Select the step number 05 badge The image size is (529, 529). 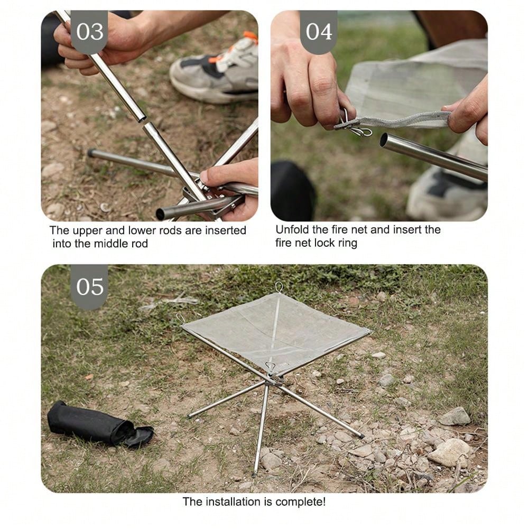(89, 287)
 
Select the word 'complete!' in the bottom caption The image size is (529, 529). (300, 502)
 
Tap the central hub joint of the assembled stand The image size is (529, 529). (274, 379)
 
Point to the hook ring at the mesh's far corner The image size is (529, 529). (279, 287)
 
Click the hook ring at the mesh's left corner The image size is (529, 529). (181, 318)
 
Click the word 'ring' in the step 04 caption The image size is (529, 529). (348, 243)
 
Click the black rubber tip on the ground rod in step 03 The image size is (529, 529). (91, 153)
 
